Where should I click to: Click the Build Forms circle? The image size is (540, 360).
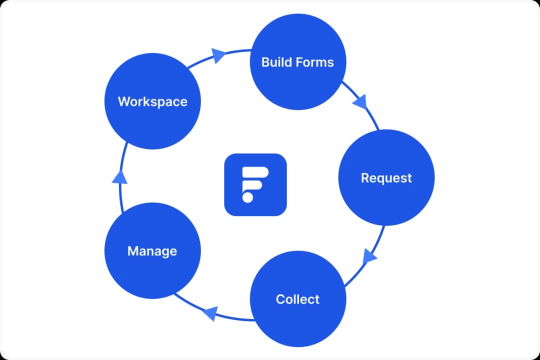click(x=297, y=62)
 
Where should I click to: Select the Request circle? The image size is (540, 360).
click(x=386, y=178)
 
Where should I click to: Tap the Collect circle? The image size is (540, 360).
click(x=297, y=299)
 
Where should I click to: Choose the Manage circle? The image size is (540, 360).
click(x=152, y=250)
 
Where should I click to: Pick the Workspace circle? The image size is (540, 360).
click(x=152, y=101)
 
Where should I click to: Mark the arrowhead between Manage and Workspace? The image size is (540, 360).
click(x=120, y=176)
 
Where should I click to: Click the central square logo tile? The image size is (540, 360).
click(x=255, y=184)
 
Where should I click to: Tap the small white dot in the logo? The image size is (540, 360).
click(x=247, y=197)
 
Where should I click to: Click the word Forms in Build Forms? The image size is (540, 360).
click(x=315, y=62)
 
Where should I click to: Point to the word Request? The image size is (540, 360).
click(x=386, y=178)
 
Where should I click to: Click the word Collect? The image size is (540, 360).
click(x=297, y=299)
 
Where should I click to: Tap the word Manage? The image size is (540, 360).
click(x=152, y=250)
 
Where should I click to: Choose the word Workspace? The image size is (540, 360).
click(x=152, y=101)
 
